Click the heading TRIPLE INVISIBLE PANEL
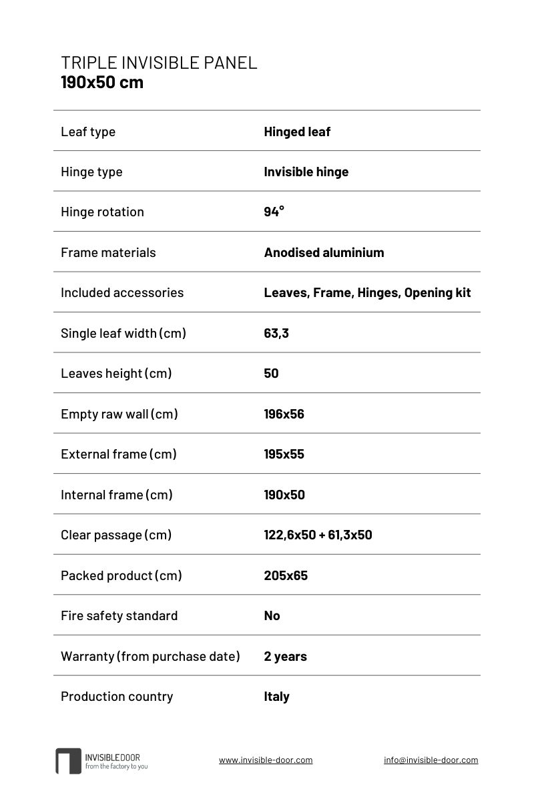pos(159,63)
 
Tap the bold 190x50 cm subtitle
pos(102,83)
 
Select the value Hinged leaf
pos(297,131)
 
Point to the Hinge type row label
pos(91,172)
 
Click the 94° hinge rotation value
pos(274,212)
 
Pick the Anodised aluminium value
pos(324,252)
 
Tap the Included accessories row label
pos(122,292)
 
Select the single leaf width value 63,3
pos(276,333)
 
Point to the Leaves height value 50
pos(271,373)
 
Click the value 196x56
pos(284,414)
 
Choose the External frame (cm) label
pos(119,454)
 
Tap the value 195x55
pos(284,454)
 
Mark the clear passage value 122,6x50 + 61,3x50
pos(318,535)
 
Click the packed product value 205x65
pos(286,575)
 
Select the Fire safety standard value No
pos(272,615)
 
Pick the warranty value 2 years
pos(285,656)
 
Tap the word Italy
pos(276,696)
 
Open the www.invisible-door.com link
pos(266,760)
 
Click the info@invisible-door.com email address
pos(431,760)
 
